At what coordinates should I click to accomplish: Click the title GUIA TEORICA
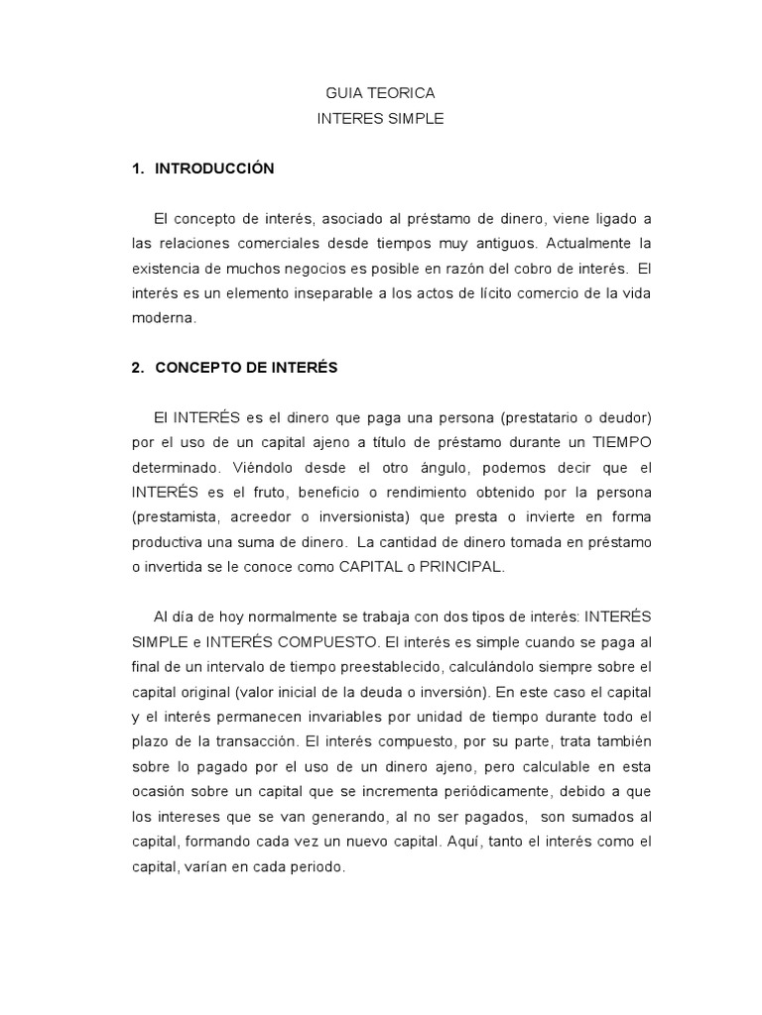380,93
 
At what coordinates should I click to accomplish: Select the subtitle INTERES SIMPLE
380,119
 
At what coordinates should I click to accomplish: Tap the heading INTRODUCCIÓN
213,169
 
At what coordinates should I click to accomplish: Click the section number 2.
137,368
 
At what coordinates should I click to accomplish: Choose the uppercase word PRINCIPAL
462,566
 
